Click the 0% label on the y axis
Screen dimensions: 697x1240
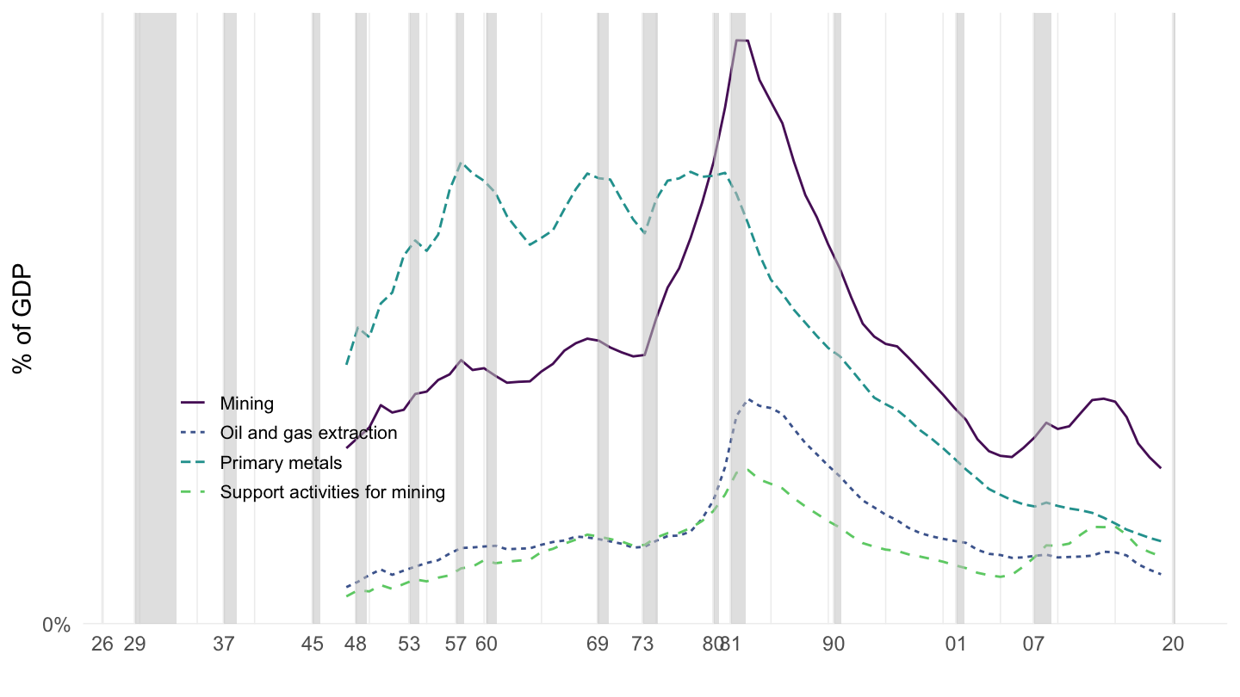56,625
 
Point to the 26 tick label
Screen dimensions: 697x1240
102,645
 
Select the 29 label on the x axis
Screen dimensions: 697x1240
134,645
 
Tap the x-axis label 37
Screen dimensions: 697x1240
225,645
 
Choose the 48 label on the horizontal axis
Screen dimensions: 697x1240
355,645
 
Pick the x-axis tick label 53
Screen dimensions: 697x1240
411,645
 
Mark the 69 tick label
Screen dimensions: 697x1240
597,645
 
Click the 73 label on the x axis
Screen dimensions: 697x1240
642,645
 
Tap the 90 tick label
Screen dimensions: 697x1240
833,645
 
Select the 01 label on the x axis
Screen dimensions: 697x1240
955,645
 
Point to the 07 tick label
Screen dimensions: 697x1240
1033,645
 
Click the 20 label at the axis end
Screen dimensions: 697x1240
1173,645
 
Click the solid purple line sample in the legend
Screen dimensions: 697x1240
193,403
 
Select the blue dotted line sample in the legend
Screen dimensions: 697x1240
193,433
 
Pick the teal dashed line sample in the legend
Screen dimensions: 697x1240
193,463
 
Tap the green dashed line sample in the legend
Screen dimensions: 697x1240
193,492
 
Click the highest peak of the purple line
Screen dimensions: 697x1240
741,40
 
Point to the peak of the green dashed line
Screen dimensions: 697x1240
747,469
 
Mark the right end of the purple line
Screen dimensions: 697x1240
1162,468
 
